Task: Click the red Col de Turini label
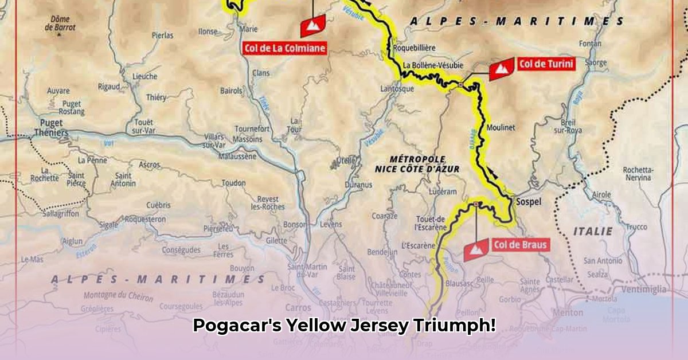point(545,64)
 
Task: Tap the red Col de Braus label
point(520,245)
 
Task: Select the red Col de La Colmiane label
point(284,48)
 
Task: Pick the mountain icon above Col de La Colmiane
point(312,25)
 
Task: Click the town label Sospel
point(529,202)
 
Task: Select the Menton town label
point(568,313)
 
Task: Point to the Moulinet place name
point(501,127)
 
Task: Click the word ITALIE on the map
point(592,231)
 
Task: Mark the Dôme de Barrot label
point(60,22)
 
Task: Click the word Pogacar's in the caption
point(237,326)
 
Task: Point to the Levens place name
point(331,224)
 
